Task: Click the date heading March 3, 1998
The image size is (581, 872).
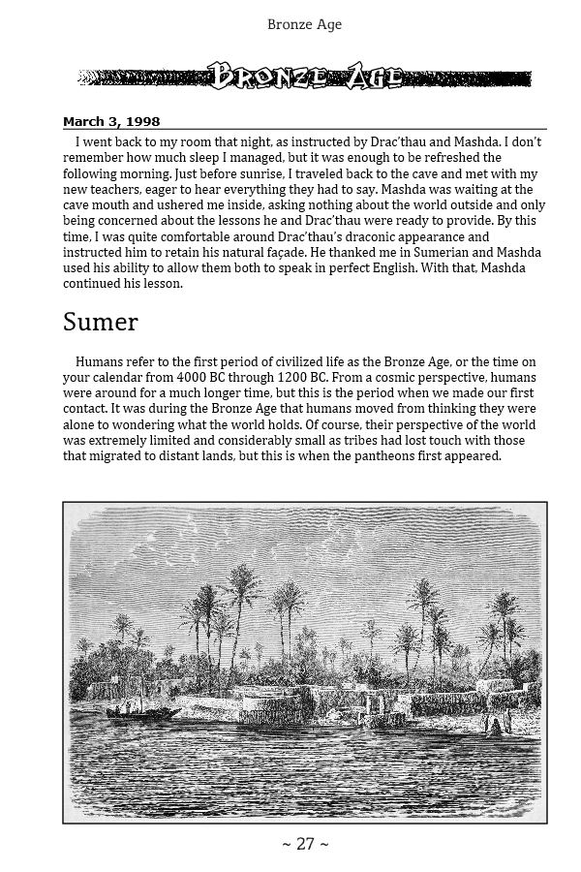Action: pyautogui.click(x=111, y=121)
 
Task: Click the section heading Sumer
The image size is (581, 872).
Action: pyautogui.click(x=101, y=323)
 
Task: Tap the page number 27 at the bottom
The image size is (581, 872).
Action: pyautogui.click(x=305, y=845)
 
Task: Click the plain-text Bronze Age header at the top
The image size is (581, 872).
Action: pyautogui.click(x=304, y=24)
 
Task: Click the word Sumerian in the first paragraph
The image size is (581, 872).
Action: pyautogui.click(x=434, y=252)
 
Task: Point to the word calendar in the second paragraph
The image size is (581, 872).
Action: pyautogui.click(x=123, y=378)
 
